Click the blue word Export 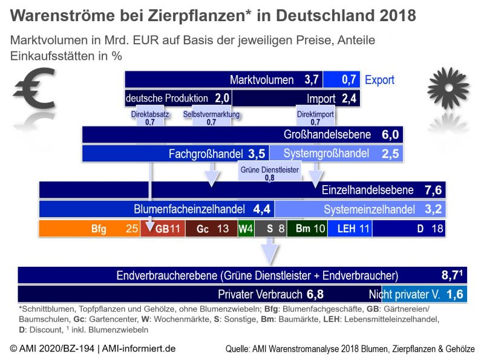[x=379, y=80]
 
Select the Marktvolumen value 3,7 [x=311, y=80]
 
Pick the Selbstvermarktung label [x=211, y=117]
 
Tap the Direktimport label [x=315, y=117]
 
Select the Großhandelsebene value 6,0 [x=390, y=135]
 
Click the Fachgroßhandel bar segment [x=175, y=154]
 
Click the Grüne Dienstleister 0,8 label [x=269, y=174]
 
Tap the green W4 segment [x=246, y=229]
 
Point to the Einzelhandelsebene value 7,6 [x=433, y=190]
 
